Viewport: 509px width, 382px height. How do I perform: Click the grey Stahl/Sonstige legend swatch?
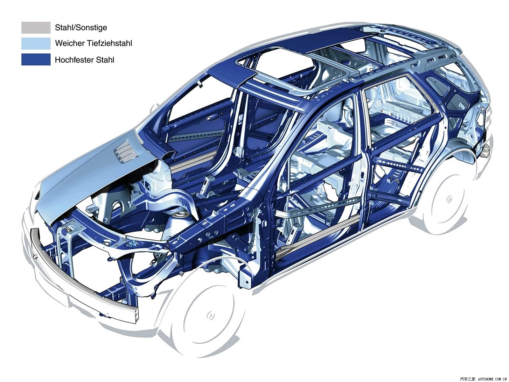click(x=36, y=28)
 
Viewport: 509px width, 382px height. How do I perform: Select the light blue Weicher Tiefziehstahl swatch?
click(x=36, y=44)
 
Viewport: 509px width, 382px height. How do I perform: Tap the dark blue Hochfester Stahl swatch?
click(x=36, y=60)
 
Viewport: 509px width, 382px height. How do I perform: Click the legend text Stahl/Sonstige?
click(x=81, y=28)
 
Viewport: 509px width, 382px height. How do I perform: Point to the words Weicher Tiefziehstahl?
click(x=94, y=43)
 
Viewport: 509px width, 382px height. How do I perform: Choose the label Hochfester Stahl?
click(x=84, y=60)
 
